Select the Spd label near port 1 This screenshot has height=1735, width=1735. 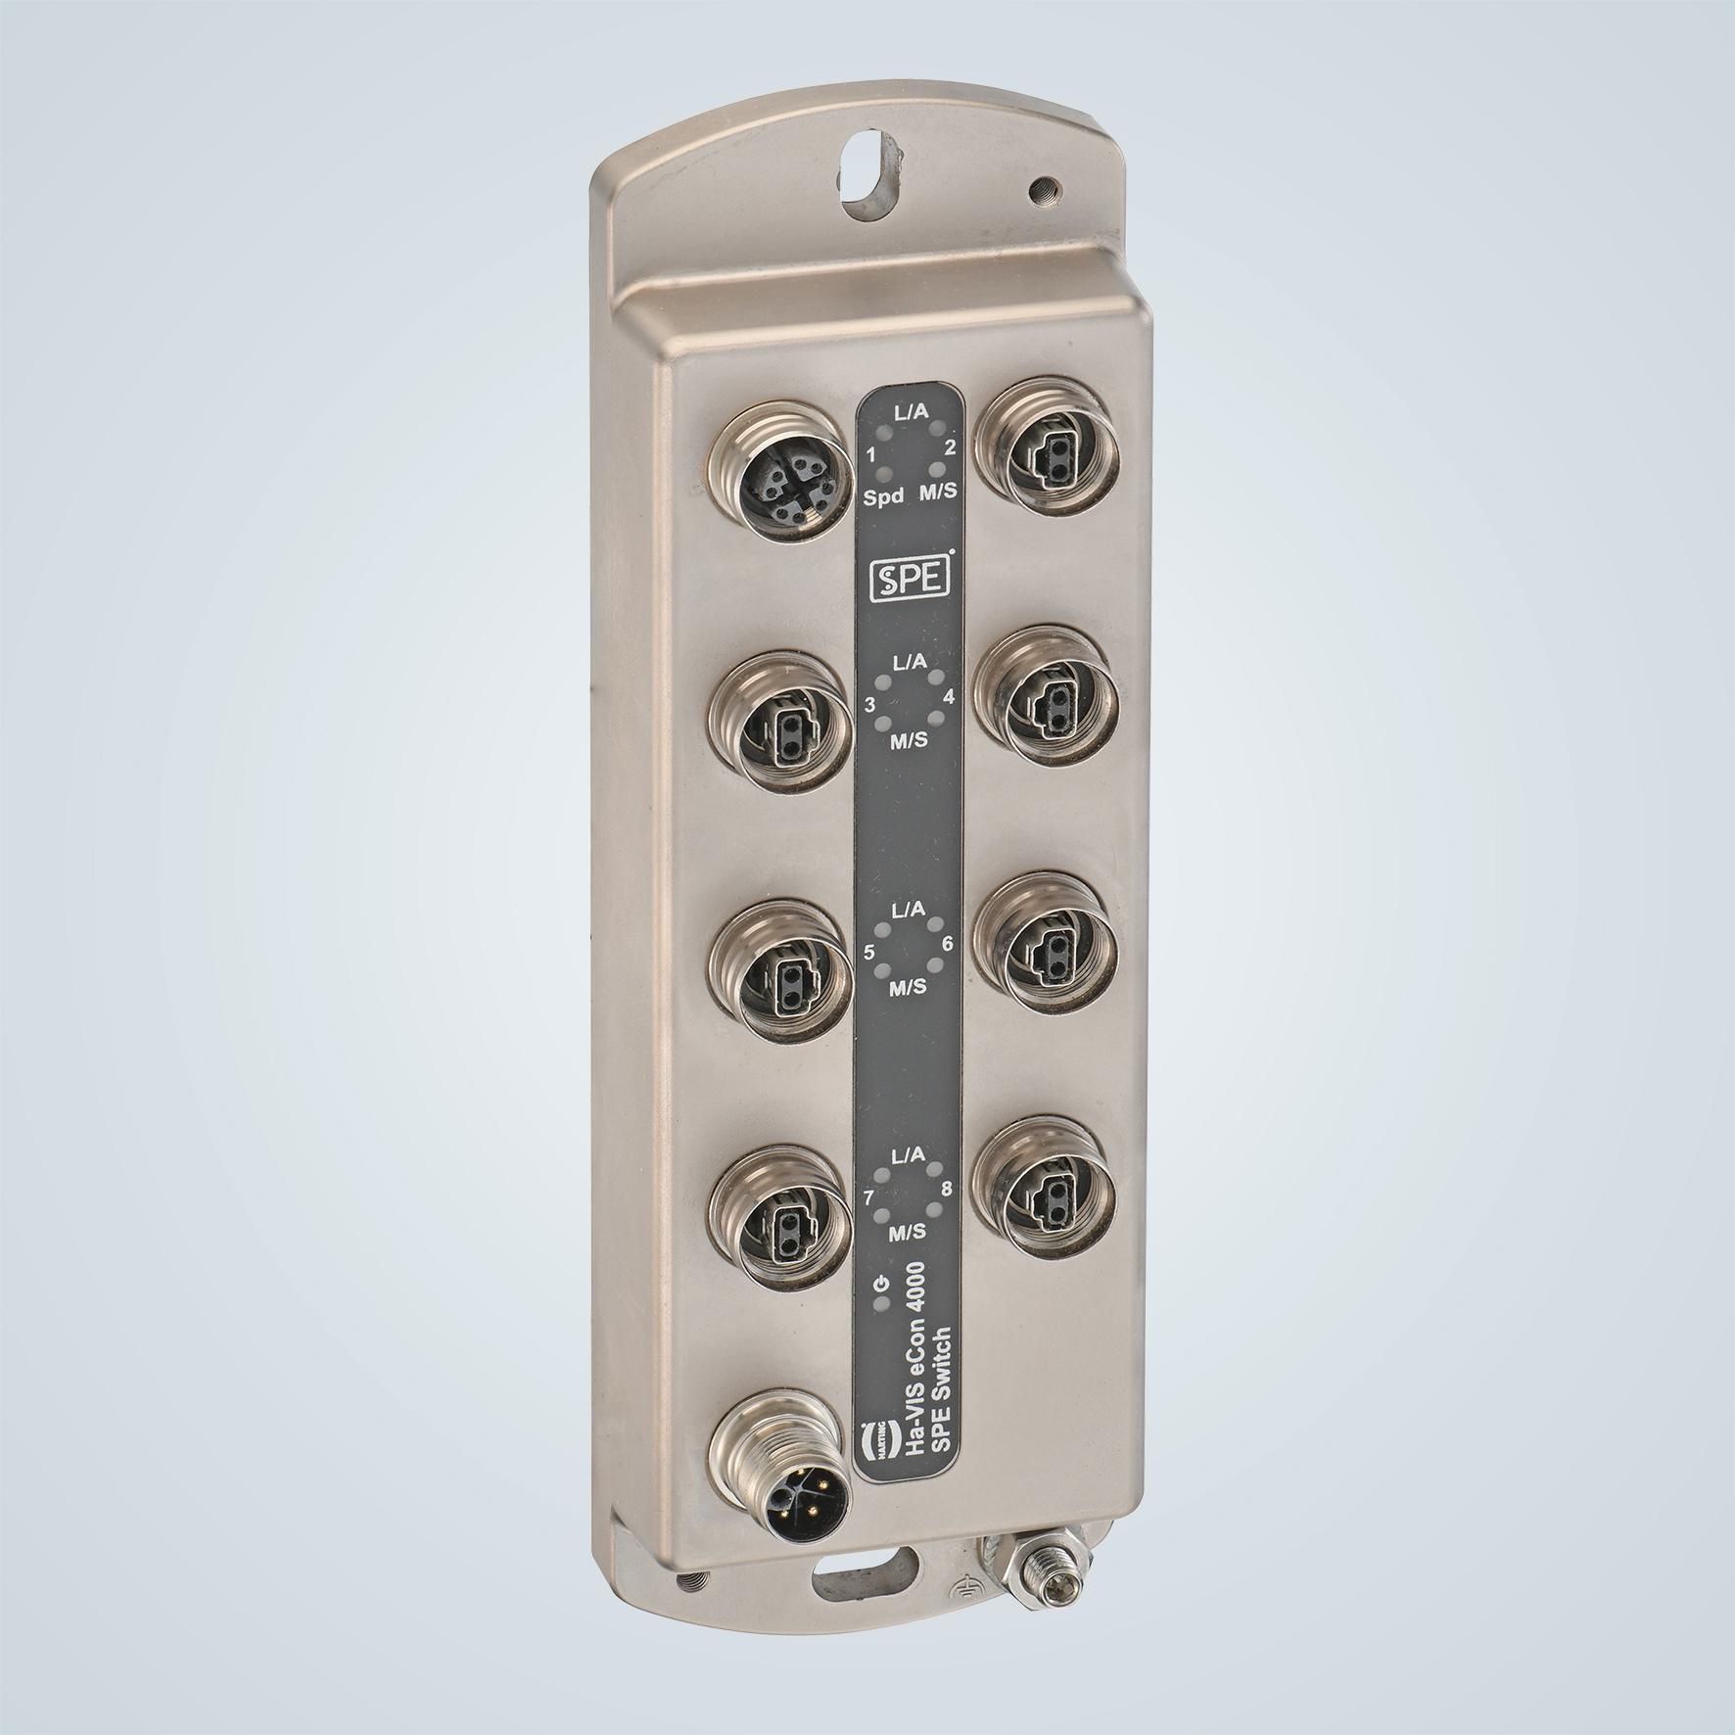tap(882, 499)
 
